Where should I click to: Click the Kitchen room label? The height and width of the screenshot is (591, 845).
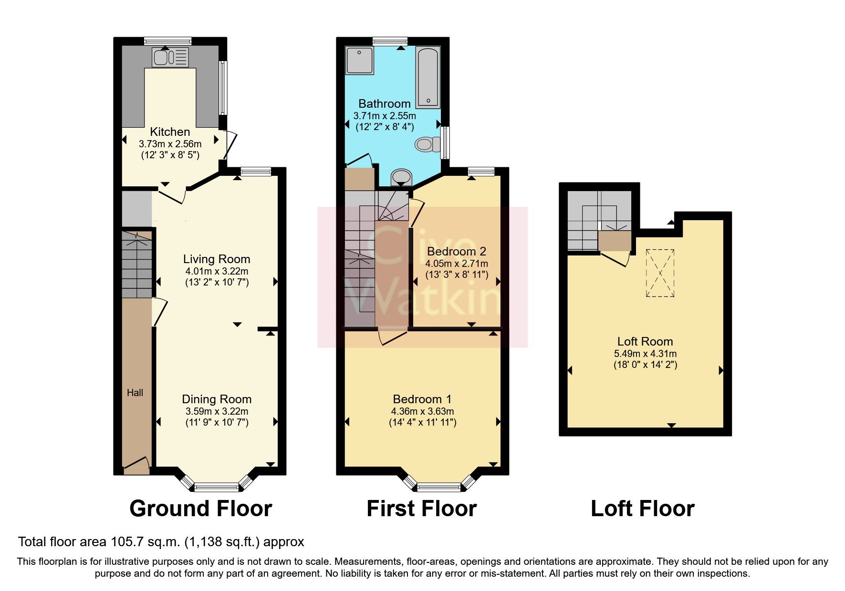[170, 132]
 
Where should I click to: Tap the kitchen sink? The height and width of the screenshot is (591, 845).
[170, 57]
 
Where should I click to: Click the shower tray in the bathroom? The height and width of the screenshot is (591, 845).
[360, 60]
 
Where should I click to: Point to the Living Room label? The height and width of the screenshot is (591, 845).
[217, 259]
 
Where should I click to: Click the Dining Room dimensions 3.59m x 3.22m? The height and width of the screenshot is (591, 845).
[217, 411]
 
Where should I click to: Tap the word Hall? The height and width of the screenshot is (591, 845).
[135, 393]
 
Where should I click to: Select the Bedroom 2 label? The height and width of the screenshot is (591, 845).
[457, 251]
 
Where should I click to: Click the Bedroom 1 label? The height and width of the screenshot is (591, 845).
[422, 399]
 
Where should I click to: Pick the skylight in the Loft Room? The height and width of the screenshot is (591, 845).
[660, 273]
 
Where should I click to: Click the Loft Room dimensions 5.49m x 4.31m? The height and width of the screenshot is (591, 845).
[645, 354]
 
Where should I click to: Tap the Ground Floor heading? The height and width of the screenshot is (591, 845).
[200, 509]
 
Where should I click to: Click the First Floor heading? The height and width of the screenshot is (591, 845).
[421, 509]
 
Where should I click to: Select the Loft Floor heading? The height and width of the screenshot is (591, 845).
[643, 509]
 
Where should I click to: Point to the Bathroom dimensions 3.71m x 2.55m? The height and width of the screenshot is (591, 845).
[385, 116]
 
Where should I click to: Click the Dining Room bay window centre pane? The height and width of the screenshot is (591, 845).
[217, 487]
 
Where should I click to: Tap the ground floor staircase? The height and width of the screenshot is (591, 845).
[137, 265]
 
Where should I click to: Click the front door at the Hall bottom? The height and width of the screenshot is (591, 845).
[136, 466]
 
